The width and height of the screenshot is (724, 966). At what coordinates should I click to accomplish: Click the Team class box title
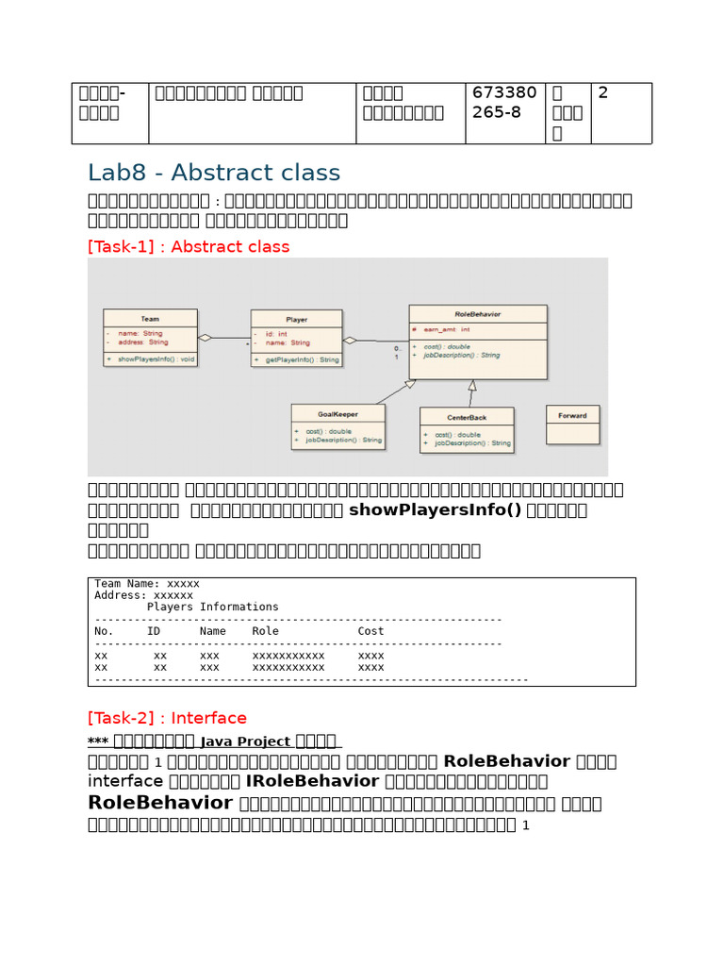click(x=150, y=319)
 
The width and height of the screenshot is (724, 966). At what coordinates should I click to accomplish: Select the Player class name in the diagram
click(x=296, y=320)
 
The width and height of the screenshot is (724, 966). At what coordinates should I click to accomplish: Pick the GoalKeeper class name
click(x=337, y=413)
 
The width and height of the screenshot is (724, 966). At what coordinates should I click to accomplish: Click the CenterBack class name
click(x=466, y=416)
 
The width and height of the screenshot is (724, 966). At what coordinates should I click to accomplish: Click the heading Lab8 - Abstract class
click(x=214, y=173)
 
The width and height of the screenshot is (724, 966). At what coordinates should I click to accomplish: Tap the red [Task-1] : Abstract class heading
click(x=189, y=246)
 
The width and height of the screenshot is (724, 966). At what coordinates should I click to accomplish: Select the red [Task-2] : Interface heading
click(x=167, y=718)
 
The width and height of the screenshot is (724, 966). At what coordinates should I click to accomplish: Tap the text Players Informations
click(x=213, y=607)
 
